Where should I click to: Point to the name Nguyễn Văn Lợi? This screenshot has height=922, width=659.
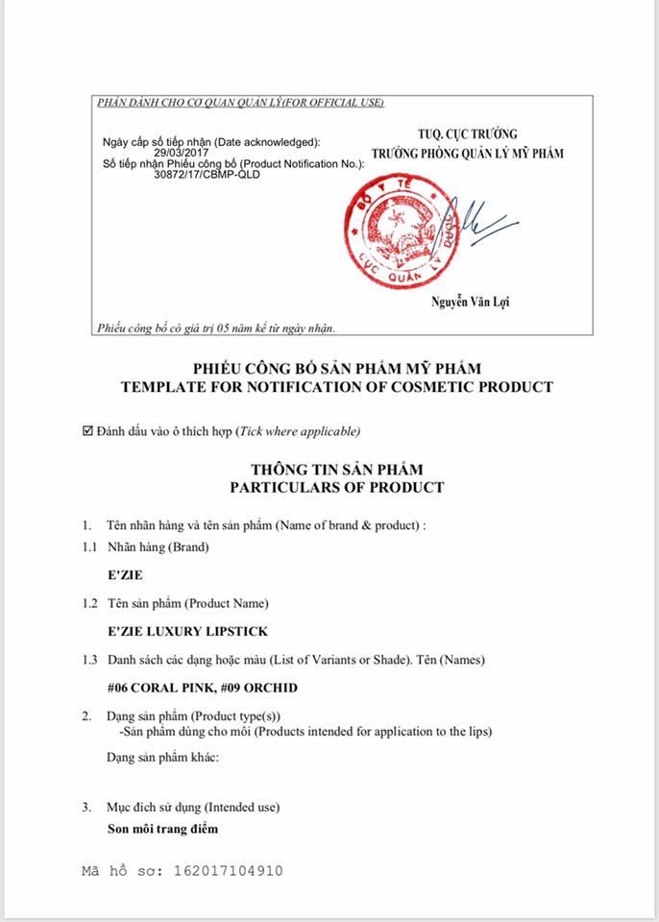pos(471,303)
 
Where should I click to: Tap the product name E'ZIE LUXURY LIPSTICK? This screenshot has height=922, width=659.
pos(187,631)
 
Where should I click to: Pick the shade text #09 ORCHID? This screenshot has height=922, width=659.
pos(262,688)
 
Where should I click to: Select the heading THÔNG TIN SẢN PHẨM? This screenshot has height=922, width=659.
pos(336,470)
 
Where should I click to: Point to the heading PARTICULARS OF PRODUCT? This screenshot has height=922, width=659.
pos(336,487)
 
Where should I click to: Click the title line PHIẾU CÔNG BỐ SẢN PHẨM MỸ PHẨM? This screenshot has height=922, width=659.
pos(336,369)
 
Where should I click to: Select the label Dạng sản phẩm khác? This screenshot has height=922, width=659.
pos(163,758)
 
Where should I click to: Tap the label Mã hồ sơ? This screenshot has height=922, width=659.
pos(122,871)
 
